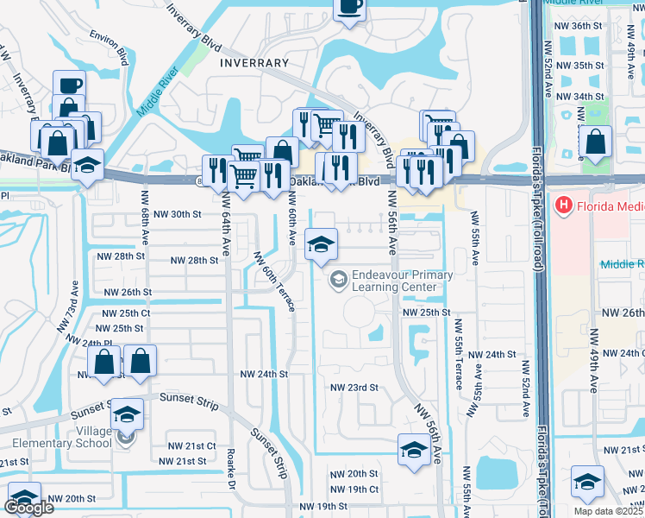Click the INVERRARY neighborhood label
click(x=254, y=63)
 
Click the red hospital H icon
click(x=564, y=205)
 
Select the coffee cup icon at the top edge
click(x=348, y=8)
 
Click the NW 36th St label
click(x=579, y=27)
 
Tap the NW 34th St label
click(x=579, y=96)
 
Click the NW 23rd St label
click(x=354, y=388)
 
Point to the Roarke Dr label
click(x=231, y=472)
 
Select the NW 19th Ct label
click(x=354, y=490)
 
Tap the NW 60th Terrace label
click(x=274, y=281)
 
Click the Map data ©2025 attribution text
click(x=608, y=511)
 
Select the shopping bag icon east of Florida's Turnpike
click(x=595, y=142)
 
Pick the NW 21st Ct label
click(x=192, y=445)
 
